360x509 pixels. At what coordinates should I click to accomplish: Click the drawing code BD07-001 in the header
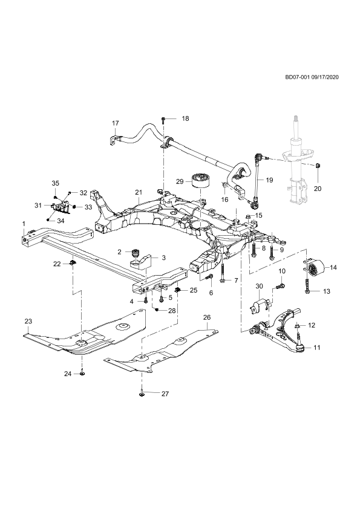click(x=297, y=77)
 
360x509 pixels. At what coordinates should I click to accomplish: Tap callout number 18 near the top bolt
click(x=185, y=118)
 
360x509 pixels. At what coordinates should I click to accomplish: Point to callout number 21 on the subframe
click(x=139, y=192)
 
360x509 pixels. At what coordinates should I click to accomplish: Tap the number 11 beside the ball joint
click(x=317, y=348)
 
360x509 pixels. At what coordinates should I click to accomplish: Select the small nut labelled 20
click(x=318, y=166)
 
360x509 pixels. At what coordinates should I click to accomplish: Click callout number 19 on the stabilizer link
click(x=269, y=180)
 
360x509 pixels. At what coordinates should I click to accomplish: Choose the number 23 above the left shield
click(x=28, y=322)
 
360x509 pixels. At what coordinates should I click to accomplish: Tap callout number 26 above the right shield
click(x=207, y=317)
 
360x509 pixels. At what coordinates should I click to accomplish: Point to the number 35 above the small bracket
click(x=56, y=183)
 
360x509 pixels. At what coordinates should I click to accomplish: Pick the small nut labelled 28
click(x=157, y=310)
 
